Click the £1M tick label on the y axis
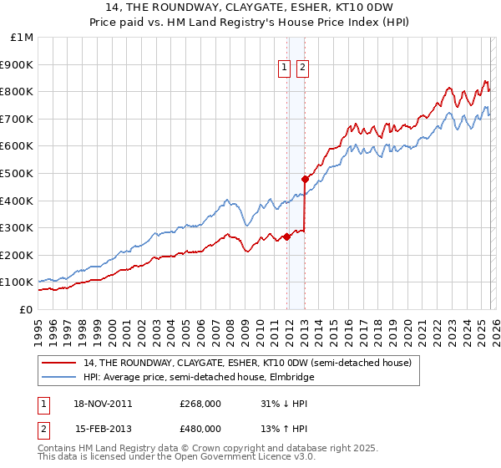[22, 37]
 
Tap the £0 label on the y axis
[25, 309]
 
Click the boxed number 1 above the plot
[284, 69]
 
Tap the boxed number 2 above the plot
[301, 69]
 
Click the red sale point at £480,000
[305, 179]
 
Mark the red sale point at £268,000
[286, 237]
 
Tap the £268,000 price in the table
[200, 404]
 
